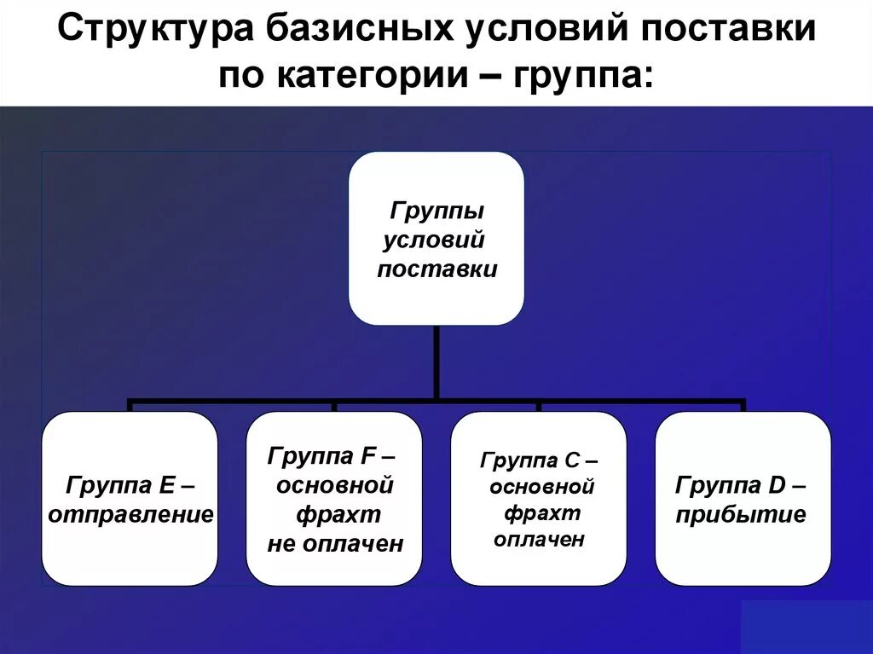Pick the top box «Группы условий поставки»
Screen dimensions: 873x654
click(436, 238)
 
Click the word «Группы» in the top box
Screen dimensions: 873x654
click(436, 210)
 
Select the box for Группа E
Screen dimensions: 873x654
click(130, 498)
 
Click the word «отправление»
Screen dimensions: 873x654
click(130, 514)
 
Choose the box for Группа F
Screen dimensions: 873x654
click(334, 498)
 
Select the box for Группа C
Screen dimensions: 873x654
click(538, 498)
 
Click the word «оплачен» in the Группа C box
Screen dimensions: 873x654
click(538, 540)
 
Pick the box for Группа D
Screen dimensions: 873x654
click(743, 498)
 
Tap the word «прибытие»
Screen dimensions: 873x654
click(740, 515)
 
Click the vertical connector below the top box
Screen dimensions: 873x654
click(436, 362)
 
